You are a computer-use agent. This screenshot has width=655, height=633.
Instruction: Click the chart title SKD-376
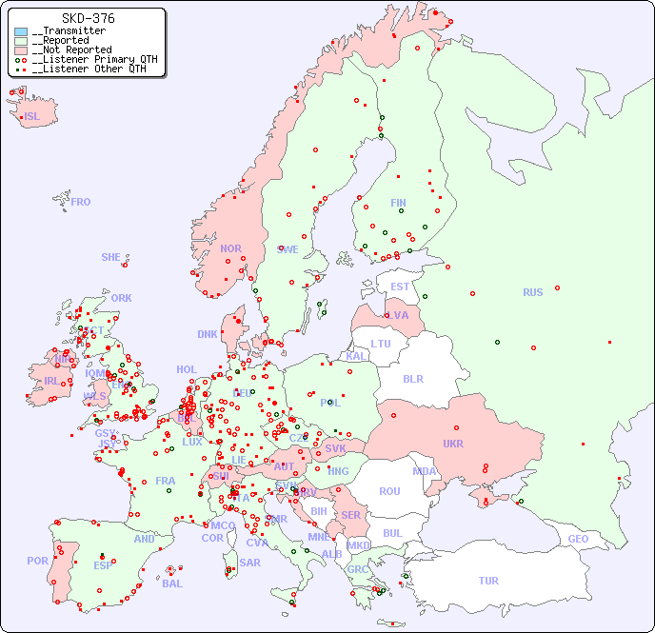coord(88,18)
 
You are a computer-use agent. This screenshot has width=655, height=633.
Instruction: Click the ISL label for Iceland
coord(32,117)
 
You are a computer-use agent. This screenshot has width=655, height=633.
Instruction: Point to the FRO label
coord(81,202)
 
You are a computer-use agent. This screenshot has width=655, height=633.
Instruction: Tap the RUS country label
coord(532,292)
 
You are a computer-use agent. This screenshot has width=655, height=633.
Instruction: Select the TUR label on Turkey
coord(488,581)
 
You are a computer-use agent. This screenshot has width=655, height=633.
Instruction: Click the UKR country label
coord(453,444)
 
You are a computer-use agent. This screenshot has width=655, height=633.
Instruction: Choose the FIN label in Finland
coord(398,203)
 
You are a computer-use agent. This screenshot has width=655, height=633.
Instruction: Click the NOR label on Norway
coord(230,248)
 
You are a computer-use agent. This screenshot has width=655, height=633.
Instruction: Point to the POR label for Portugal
coord(37,561)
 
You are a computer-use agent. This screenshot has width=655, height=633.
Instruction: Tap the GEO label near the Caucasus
coord(578,539)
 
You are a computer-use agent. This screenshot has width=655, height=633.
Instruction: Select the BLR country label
coord(413,378)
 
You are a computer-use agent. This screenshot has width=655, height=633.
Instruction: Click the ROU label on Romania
coord(389,491)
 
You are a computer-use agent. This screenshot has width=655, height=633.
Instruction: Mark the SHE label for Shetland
coord(111,257)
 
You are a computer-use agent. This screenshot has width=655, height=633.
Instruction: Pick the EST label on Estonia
coord(400,287)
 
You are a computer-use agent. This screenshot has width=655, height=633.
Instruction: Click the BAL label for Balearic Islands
coord(172,584)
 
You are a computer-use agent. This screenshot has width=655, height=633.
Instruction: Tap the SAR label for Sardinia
coord(250,563)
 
